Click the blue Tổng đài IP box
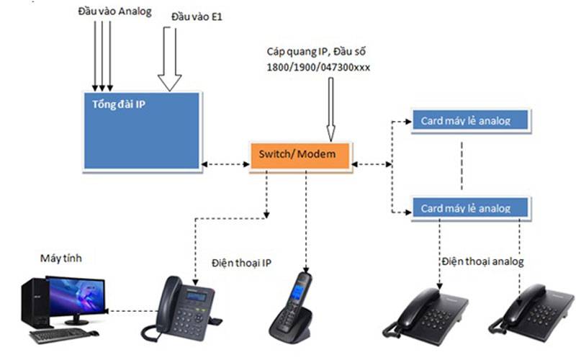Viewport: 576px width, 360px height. tap(141, 130)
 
